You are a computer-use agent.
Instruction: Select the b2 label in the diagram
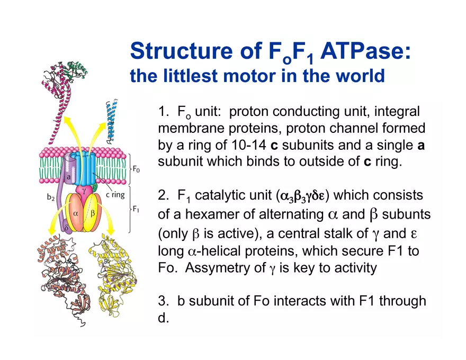click(50, 197)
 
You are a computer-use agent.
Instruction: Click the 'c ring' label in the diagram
click(115, 195)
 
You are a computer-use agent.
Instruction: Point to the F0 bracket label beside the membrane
click(136, 169)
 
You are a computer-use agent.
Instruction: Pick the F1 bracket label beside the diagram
click(136, 209)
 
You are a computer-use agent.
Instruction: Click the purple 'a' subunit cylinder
click(69, 170)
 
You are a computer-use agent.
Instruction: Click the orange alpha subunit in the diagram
click(76, 212)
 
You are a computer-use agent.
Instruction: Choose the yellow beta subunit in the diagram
click(92, 213)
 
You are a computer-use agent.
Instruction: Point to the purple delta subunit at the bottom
click(66, 227)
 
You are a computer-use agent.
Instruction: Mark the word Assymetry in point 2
click(218, 268)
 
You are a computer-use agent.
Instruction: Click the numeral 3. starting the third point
click(164, 301)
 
